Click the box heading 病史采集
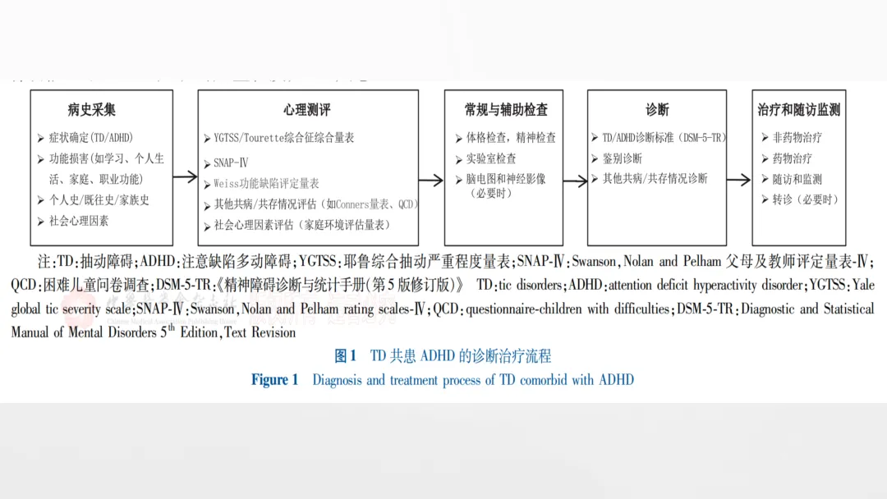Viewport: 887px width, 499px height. pos(92,109)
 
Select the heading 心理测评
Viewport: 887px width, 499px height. pos(307,109)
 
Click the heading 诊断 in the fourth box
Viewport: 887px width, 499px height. pos(657,109)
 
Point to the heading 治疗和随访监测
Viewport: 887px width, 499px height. pos(799,109)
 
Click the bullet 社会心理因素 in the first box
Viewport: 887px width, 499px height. pos(79,220)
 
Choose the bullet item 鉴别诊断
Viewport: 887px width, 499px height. pos(622,158)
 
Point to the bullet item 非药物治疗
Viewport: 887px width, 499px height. pos(797,137)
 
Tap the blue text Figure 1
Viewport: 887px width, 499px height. pos(275,380)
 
